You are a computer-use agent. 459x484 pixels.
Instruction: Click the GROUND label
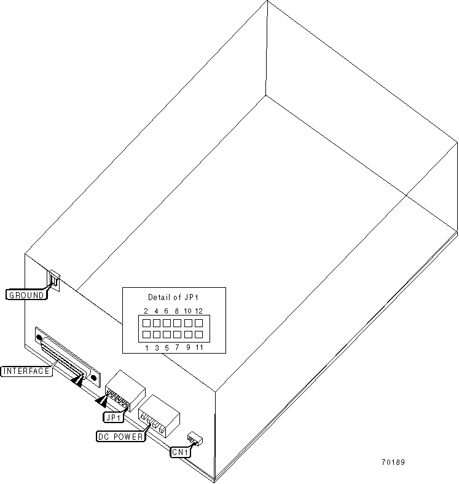point(26,295)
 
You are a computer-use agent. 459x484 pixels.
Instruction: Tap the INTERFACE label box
point(26,371)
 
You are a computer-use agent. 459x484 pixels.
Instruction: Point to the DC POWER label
point(120,437)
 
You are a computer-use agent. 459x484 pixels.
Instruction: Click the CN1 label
point(181,452)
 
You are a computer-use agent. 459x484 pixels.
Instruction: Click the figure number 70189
point(393,462)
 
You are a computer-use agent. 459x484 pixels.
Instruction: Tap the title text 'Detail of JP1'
point(173,298)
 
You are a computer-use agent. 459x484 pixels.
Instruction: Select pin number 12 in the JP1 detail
point(198,311)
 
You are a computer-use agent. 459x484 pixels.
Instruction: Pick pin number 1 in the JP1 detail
point(146,347)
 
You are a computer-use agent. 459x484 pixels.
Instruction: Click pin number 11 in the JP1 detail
point(199,347)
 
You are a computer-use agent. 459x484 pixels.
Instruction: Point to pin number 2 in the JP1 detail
point(146,311)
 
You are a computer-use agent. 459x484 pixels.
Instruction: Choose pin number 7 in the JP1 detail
point(177,347)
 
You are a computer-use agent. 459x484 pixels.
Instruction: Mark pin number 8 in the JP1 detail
point(177,311)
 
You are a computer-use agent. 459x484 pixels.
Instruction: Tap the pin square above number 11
point(198,335)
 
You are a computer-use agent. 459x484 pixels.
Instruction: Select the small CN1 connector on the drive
point(195,438)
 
